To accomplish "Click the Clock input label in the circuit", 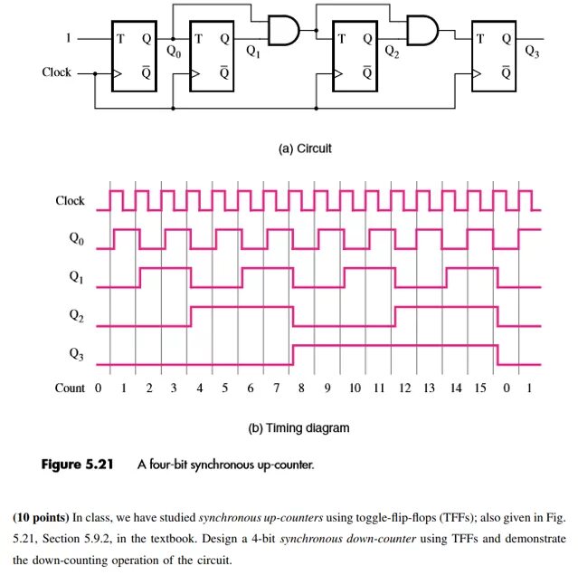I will [x=56, y=72].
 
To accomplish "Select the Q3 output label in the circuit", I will [x=532, y=53].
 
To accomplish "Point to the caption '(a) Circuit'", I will [x=303, y=148].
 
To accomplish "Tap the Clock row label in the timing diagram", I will [x=70, y=201].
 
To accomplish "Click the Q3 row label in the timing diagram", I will [x=76, y=356].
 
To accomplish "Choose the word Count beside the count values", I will [x=70, y=388].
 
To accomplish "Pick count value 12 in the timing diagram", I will [x=404, y=388].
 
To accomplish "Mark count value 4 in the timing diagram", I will [x=199, y=388].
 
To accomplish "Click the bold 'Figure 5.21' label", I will [x=81, y=465].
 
